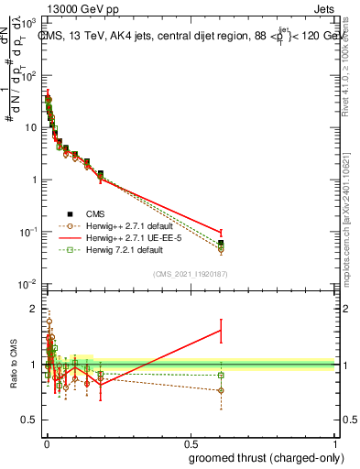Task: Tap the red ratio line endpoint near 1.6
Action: pyautogui.click(x=221, y=331)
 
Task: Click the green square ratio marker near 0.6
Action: pyautogui.click(x=221, y=376)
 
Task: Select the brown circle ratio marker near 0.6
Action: pyautogui.click(x=221, y=390)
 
